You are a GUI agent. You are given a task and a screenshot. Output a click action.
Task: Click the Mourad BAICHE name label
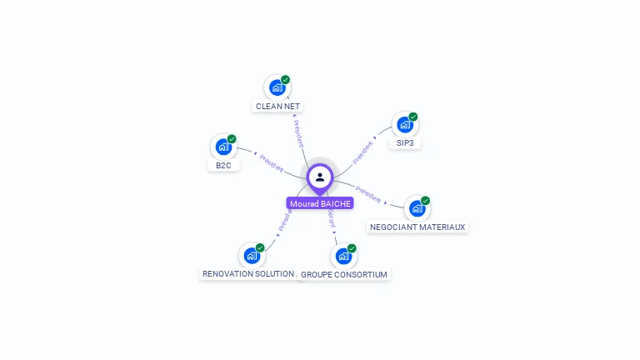coord(320,203)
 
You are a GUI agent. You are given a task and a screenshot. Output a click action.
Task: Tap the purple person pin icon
coord(320,177)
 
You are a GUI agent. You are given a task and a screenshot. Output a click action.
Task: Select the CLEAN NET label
coord(278,107)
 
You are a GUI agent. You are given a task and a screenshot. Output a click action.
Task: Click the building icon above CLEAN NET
coord(277,87)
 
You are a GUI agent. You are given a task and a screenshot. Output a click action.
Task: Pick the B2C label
coord(223,166)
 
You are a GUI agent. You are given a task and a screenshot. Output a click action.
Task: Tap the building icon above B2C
coord(223,147)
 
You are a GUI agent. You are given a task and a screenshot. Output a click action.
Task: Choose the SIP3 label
coord(405,143)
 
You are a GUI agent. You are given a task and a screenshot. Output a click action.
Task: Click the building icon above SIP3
coord(405,125)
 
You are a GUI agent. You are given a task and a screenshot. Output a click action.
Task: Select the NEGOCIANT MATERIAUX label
coord(417,227)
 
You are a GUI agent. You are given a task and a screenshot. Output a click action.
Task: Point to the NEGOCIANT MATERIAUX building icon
coord(417,208)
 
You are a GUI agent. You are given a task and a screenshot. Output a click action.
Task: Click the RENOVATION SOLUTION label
coord(248,274)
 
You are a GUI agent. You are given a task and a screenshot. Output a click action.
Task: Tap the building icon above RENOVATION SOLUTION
coord(252,256)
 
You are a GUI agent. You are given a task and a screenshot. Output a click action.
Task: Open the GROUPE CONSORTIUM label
coord(344,275)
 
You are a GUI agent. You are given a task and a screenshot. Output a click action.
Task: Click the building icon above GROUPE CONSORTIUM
coord(343,257)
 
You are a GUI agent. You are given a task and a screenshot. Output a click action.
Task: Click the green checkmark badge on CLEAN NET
coord(286,80)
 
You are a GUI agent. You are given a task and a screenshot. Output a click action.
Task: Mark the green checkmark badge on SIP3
coord(413,117)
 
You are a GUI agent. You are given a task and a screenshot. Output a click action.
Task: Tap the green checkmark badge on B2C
coord(232,139)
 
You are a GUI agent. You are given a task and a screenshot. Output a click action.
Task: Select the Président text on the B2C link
coord(272,162)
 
